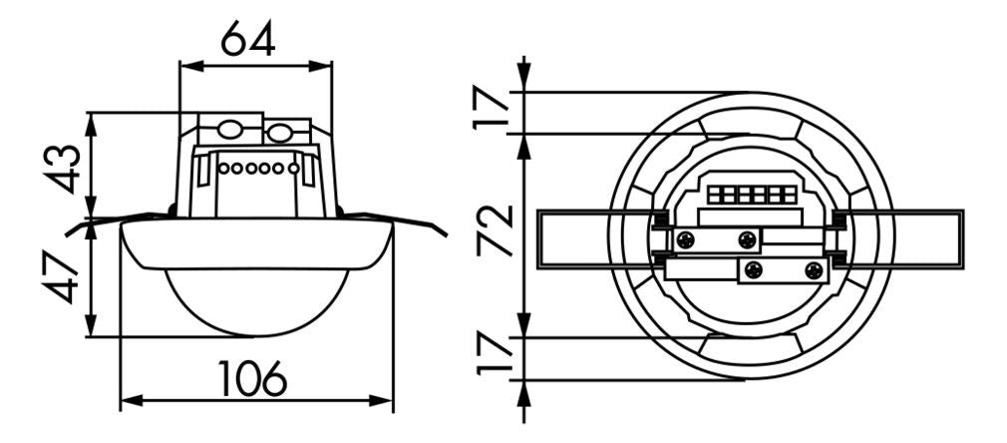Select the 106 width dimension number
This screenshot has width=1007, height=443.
coord(253,379)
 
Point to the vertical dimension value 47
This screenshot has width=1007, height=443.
coord(62,277)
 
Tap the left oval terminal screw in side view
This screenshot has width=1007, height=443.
coord(230,131)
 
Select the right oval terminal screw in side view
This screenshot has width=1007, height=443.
coord(280,131)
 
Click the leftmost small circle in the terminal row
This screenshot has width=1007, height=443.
coord(224,168)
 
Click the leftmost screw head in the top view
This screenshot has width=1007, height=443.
coord(685,239)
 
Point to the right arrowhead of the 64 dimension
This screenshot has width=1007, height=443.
coord(326,66)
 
